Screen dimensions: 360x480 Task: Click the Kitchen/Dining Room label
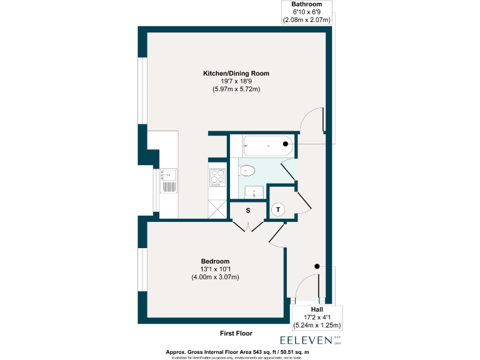pyautogui.click(x=236, y=73)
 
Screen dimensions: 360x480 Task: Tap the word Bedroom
pyautogui.click(x=215, y=261)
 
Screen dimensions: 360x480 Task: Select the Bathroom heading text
pyautogui.click(x=306, y=4)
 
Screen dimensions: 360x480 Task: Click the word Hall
pyautogui.click(x=317, y=309)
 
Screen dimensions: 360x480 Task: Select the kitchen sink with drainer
pyautogui.click(x=169, y=182)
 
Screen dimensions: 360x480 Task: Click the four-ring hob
pyautogui.click(x=217, y=178)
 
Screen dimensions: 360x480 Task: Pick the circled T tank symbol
pyautogui.click(x=277, y=209)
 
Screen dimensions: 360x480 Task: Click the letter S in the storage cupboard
pyautogui.click(x=247, y=210)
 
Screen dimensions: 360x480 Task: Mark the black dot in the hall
pyautogui.click(x=317, y=266)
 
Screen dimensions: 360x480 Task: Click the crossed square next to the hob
pyautogui.click(x=217, y=208)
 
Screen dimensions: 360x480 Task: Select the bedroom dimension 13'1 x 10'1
pyautogui.click(x=215, y=269)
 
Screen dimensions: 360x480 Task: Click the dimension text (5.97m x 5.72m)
pyautogui.click(x=236, y=89)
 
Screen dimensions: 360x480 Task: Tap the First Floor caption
pyautogui.click(x=236, y=333)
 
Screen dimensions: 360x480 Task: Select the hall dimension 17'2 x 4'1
pyautogui.click(x=317, y=317)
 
